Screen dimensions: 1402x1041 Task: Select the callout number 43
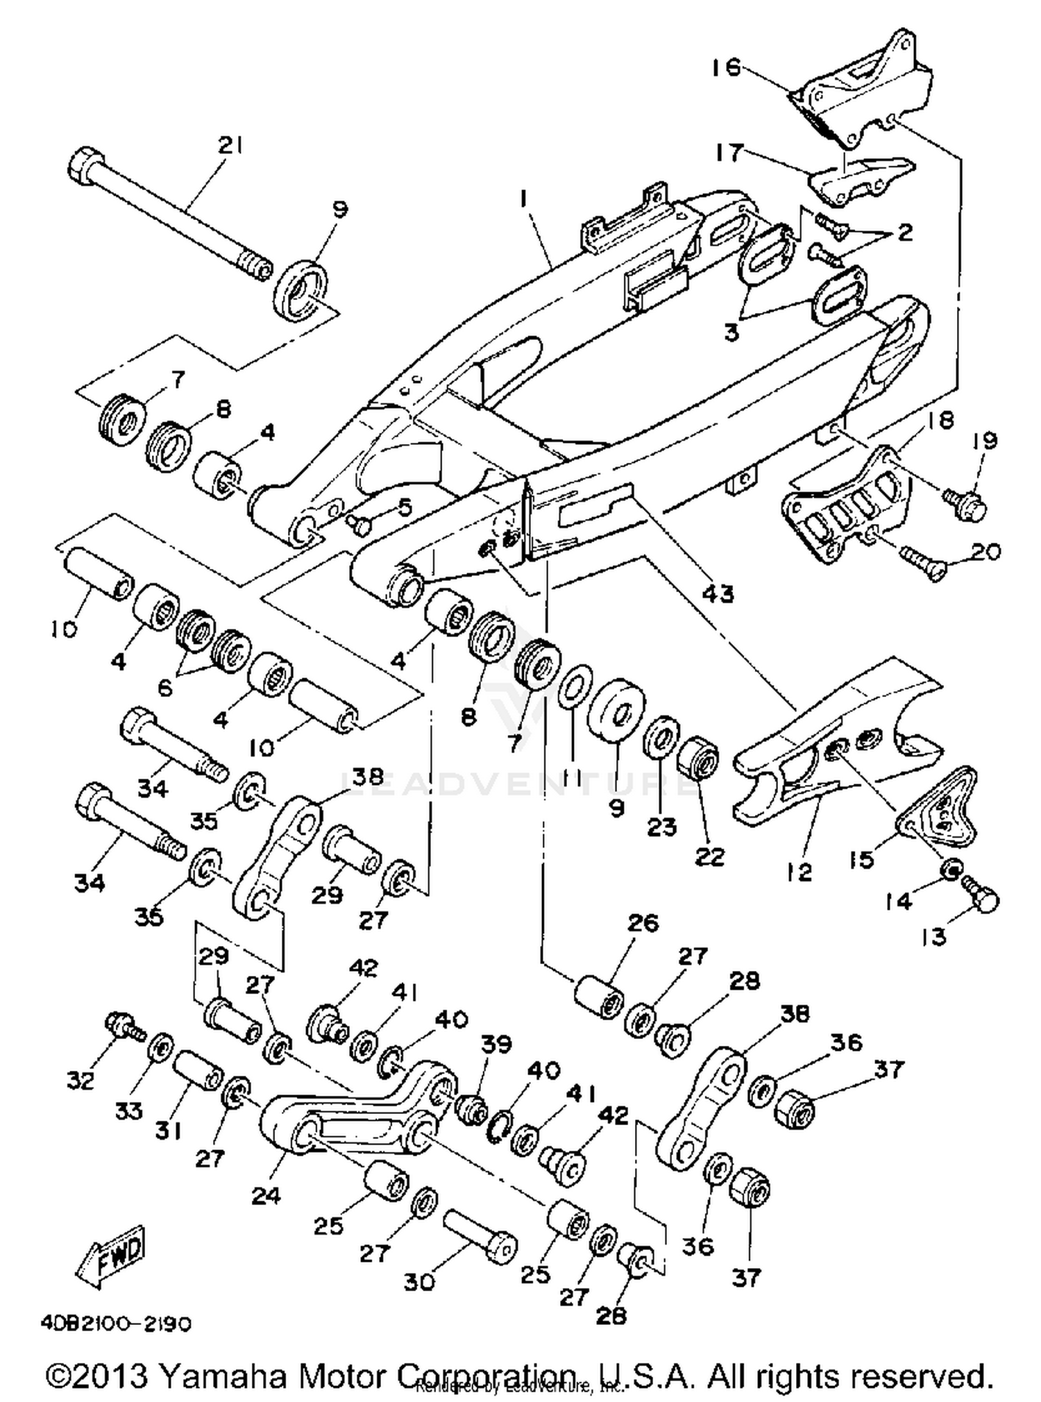(x=718, y=594)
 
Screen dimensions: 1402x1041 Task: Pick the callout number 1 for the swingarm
(x=525, y=200)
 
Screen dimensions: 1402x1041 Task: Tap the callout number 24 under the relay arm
(x=266, y=1195)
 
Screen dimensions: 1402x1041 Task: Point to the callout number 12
(x=800, y=872)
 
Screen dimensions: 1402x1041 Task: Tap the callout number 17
(x=729, y=152)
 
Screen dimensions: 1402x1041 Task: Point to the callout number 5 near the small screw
(x=405, y=508)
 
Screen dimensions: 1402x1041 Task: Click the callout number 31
(x=169, y=1131)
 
